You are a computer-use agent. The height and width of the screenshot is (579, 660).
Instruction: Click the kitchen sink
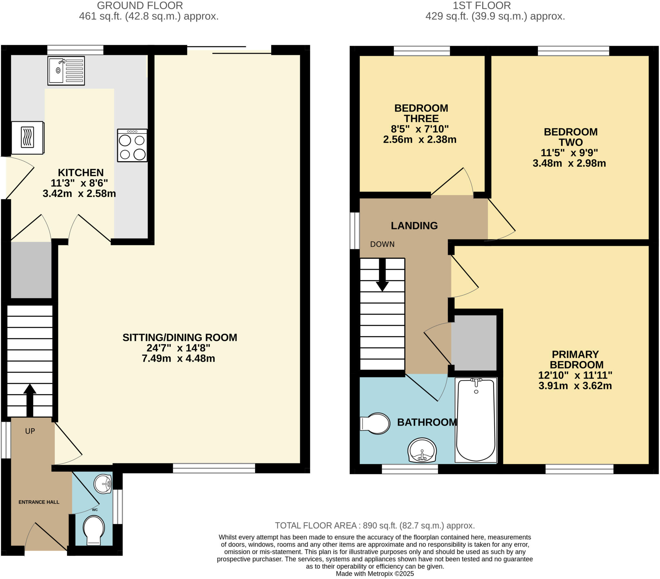point(66,71)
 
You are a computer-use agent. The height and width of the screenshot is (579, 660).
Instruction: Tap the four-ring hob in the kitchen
point(132,145)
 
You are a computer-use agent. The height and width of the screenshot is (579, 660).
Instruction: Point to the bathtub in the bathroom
point(476,420)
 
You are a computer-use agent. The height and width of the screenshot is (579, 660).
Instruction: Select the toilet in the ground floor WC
point(94,530)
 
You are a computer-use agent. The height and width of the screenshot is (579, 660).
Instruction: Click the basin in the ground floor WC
point(103,484)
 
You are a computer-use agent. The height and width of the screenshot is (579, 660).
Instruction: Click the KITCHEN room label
point(81,172)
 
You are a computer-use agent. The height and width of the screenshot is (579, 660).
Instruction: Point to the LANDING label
point(414,226)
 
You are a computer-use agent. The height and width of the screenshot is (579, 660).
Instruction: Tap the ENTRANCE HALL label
point(39,502)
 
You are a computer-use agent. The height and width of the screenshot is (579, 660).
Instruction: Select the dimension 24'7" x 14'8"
point(179,348)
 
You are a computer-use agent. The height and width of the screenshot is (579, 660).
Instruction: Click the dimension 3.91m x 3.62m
point(575,386)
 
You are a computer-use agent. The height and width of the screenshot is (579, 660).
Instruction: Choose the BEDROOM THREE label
point(421,113)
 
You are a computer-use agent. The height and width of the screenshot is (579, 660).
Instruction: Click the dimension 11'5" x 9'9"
point(569,152)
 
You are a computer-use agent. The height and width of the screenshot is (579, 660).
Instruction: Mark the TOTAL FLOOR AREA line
point(374,526)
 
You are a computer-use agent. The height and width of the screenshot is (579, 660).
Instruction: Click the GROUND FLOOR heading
point(140,5)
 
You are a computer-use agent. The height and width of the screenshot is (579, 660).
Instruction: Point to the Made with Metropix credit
point(374,574)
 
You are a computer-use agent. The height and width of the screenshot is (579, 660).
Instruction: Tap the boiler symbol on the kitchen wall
point(27,137)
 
